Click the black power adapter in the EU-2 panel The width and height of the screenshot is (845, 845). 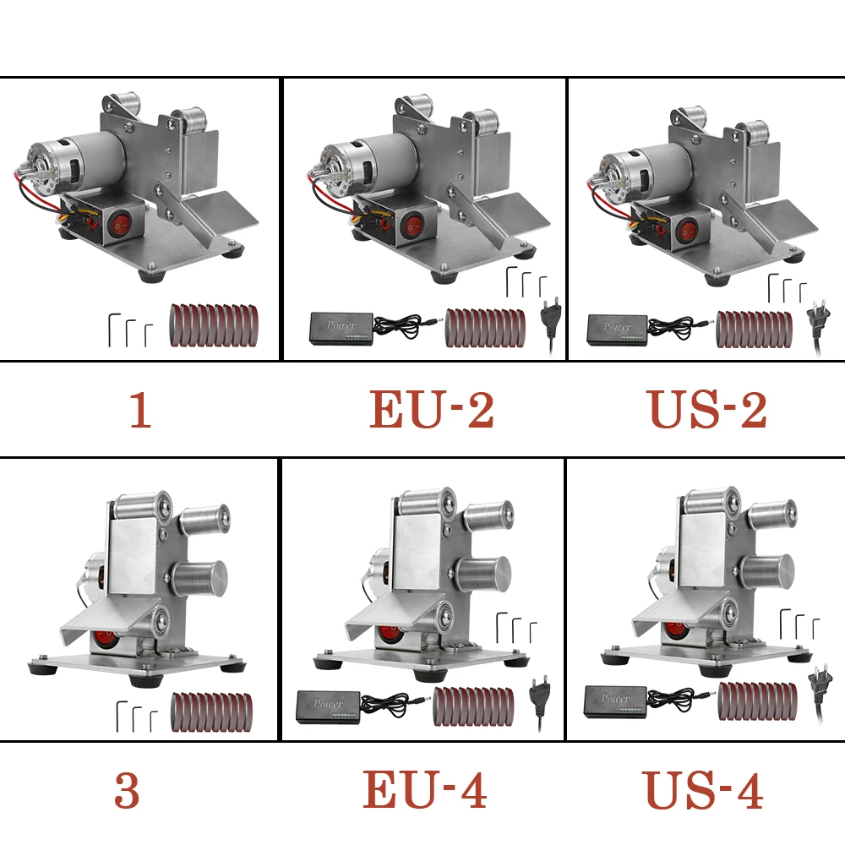click(340, 326)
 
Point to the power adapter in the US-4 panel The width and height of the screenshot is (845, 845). click(616, 700)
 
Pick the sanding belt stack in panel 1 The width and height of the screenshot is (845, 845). click(214, 326)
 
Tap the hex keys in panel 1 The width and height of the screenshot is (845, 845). click(130, 330)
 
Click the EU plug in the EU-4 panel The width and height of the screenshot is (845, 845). click(540, 696)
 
